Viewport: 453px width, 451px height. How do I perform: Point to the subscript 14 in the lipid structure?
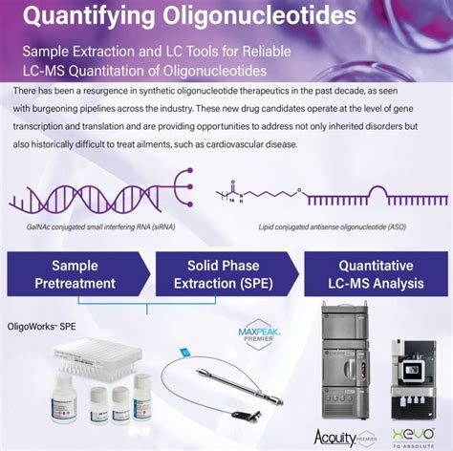pos(233,204)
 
